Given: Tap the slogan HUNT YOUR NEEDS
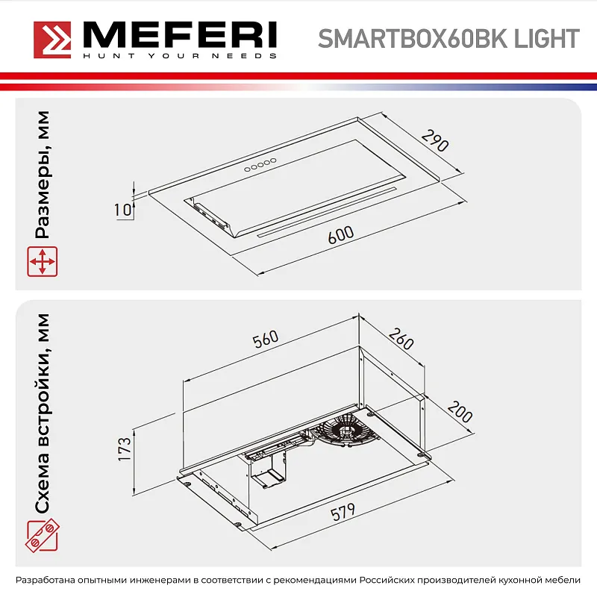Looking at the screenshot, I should point(179,56).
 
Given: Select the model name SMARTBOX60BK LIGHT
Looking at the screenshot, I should point(448,38).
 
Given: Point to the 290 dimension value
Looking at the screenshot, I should point(434,140).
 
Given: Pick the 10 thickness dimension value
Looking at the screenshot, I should point(122,210).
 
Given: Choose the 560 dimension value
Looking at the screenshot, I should point(266,340).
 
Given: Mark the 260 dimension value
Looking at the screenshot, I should point(401,341).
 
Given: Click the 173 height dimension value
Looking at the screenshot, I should point(125,448).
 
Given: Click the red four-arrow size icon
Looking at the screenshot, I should point(43,263).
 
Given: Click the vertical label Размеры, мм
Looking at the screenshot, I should point(43,175).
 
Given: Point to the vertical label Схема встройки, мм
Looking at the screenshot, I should point(43,414).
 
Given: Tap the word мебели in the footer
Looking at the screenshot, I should point(560,580).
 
